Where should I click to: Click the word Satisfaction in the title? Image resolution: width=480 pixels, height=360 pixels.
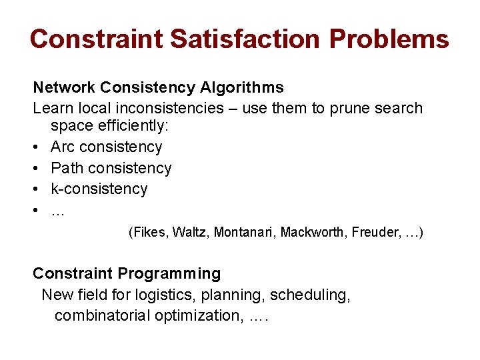[247, 39]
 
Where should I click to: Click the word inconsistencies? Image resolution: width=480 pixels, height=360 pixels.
[173, 108]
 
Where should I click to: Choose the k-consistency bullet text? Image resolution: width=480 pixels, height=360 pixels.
[99, 189]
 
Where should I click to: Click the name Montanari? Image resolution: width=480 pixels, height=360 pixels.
[243, 232]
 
